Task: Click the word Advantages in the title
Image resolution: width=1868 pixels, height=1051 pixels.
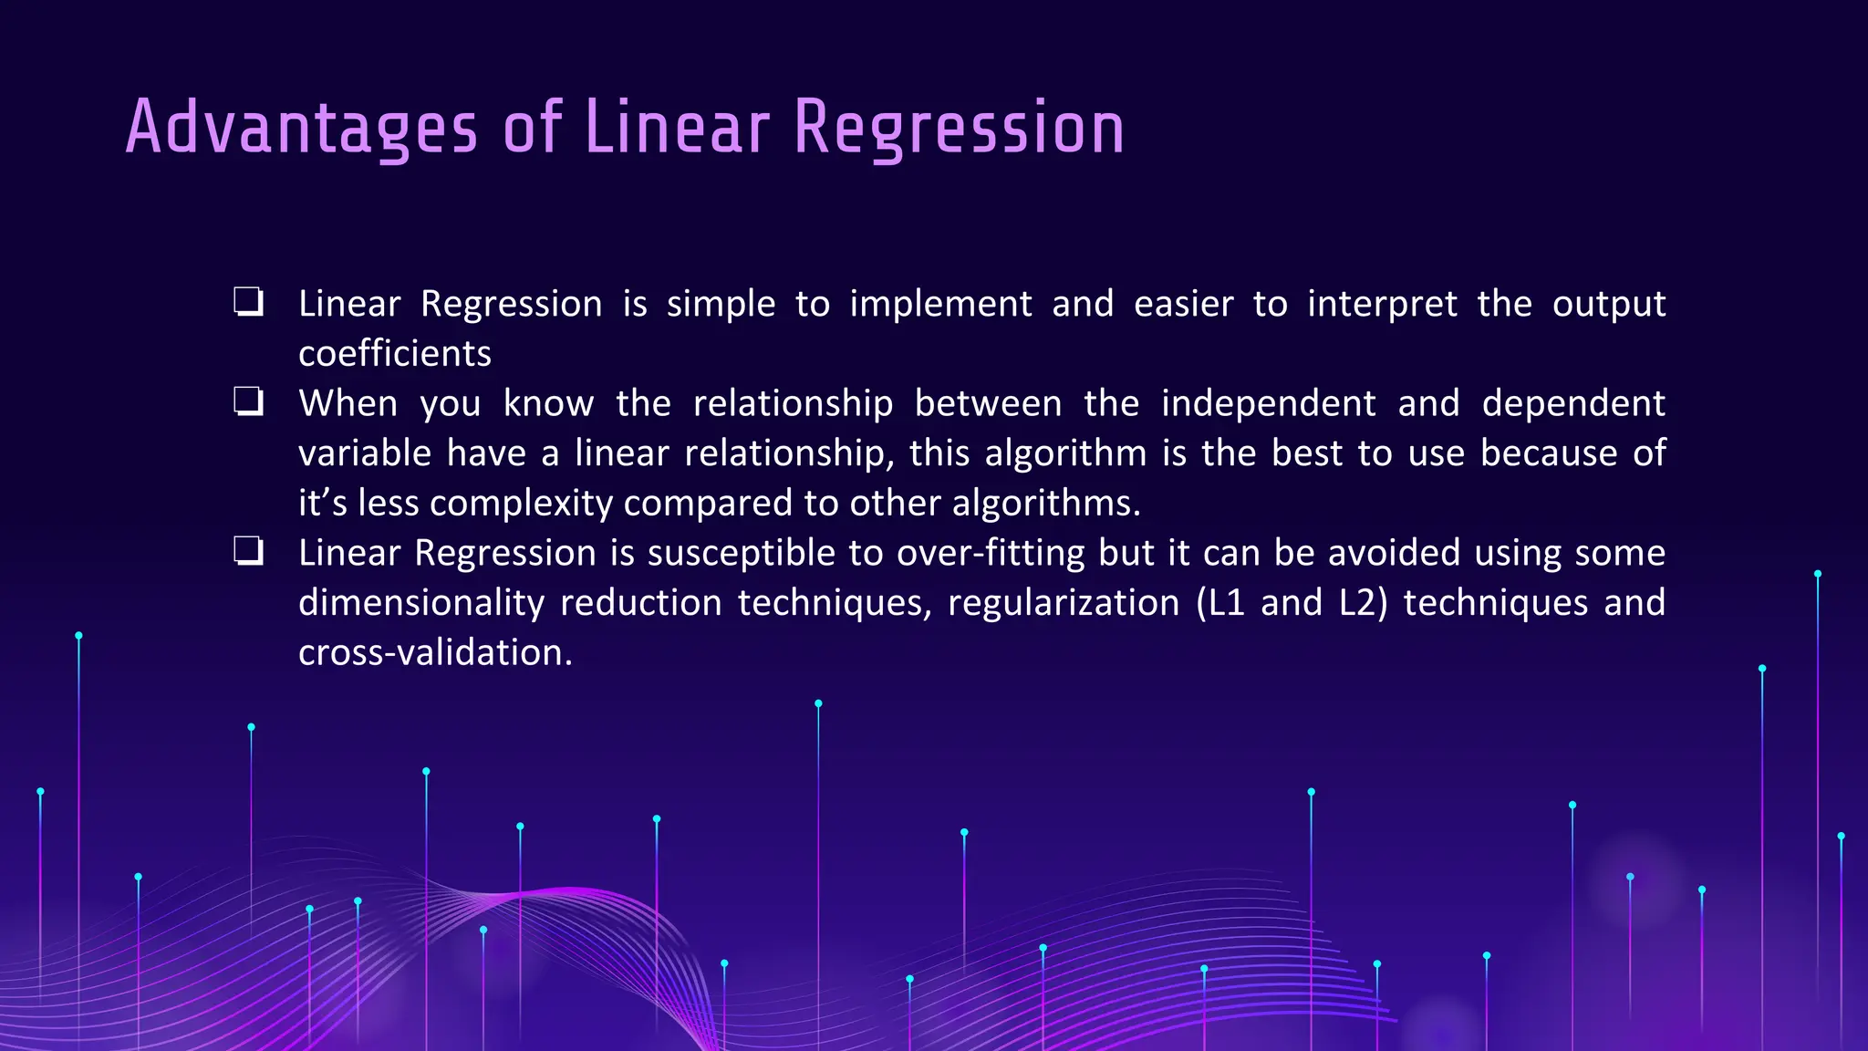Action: (301, 128)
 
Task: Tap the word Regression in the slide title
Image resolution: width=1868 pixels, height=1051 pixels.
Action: (959, 128)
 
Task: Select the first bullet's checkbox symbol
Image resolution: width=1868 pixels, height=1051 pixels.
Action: (248, 301)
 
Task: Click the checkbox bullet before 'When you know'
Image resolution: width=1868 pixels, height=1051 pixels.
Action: (248, 401)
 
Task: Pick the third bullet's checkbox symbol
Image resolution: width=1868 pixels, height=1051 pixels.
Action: (248, 551)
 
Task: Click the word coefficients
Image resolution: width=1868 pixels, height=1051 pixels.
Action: (394, 354)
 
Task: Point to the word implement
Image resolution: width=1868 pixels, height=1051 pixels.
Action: (940, 304)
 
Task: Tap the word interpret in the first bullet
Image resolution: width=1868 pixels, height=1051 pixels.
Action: (1382, 304)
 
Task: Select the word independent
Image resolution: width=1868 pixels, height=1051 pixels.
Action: (1268, 403)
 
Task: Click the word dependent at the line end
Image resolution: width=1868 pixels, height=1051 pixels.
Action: (1573, 403)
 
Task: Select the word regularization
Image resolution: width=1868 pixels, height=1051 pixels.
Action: (1064, 603)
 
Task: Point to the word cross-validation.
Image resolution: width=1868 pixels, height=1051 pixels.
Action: (435, 652)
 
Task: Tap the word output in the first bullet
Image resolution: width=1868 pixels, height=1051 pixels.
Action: (1609, 304)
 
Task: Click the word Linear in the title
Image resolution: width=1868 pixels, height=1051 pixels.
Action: (677, 128)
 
